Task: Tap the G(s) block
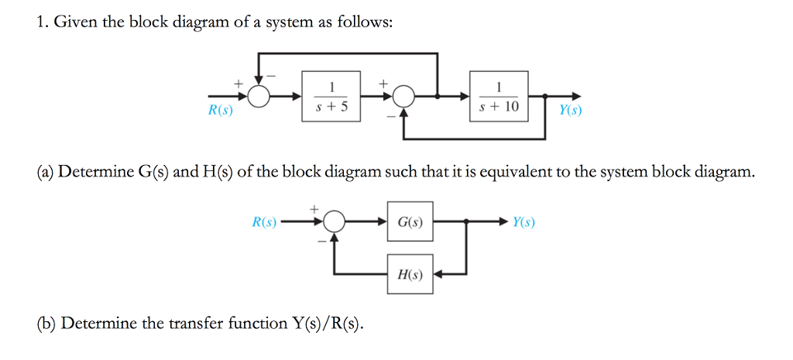click(410, 222)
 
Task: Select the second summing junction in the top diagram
click(403, 97)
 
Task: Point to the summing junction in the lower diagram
click(334, 222)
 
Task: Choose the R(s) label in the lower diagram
click(265, 222)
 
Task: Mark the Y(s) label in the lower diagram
click(524, 222)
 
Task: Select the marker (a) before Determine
click(46, 172)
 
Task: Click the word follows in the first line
click(367, 23)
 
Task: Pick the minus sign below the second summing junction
click(391, 116)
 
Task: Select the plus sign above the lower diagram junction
click(314, 208)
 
